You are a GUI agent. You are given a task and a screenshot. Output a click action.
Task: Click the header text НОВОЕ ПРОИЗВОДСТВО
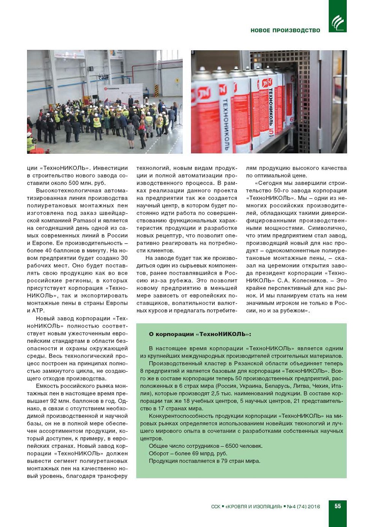coord(285,30)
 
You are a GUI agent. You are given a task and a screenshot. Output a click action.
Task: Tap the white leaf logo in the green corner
coord(338,23)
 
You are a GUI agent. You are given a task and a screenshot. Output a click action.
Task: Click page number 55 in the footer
coord(338,506)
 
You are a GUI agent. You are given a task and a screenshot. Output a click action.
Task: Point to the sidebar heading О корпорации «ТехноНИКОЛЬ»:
coord(200,334)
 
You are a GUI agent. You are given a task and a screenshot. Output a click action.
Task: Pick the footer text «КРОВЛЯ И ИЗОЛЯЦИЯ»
coord(253,506)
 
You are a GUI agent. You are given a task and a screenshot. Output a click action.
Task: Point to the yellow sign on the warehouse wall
coord(177,81)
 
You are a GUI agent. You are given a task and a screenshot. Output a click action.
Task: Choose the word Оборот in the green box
coord(159,454)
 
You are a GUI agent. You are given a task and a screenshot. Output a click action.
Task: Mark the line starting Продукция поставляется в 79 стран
coord(204,461)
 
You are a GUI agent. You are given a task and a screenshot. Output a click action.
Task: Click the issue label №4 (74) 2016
coord(303,506)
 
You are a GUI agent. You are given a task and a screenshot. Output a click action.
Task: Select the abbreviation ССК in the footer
coord(216,506)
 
